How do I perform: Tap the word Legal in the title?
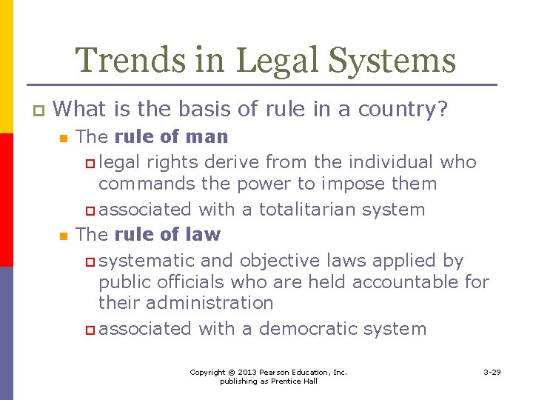tap(269, 61)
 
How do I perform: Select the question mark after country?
tap(443, 110)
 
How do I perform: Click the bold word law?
tap(203, 235)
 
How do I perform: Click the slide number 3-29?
tap(492, 372)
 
